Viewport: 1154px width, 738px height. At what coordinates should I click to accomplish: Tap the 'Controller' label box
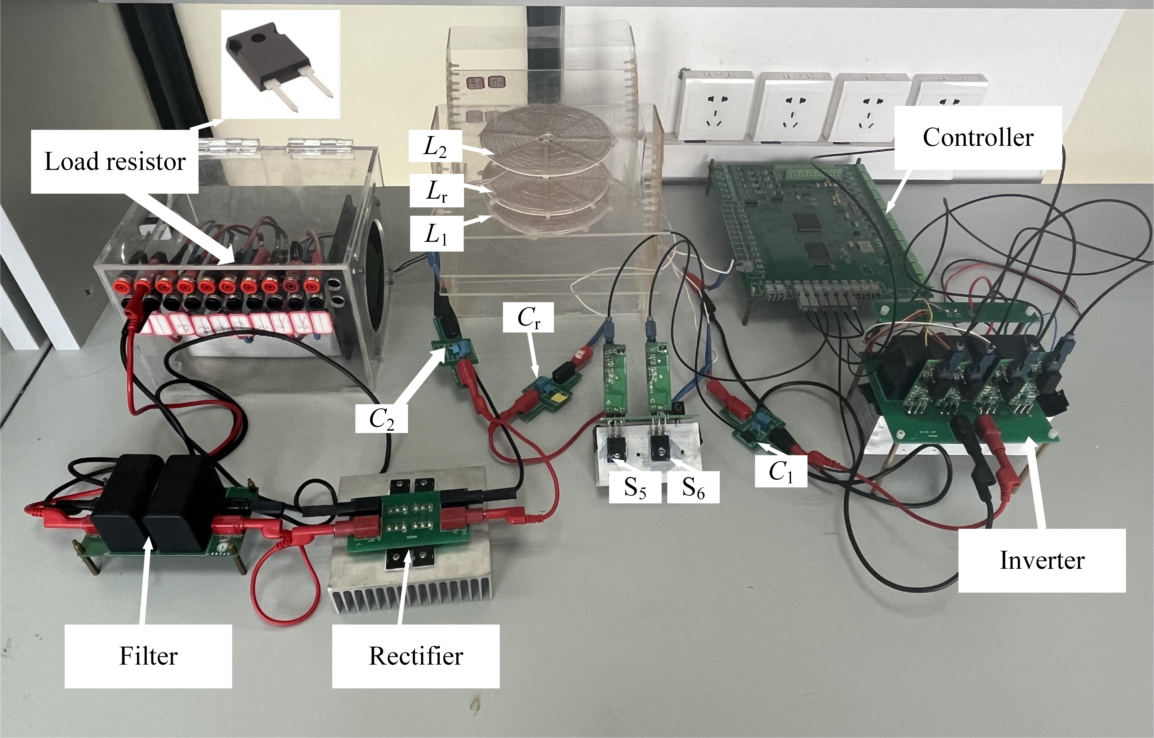978,138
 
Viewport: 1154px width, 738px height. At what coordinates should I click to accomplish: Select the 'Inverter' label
1042,560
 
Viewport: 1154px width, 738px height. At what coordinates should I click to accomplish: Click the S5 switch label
635,487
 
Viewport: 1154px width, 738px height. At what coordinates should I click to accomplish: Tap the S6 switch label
693,487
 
